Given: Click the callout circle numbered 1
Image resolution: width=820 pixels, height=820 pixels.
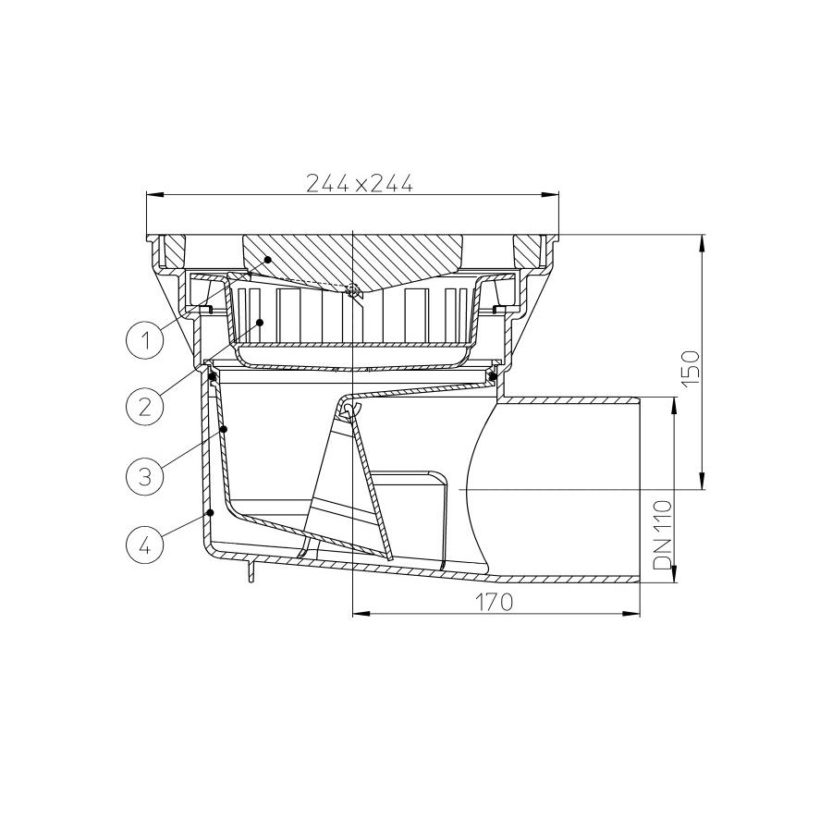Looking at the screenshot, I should pyautogui.click(x=144, y=339).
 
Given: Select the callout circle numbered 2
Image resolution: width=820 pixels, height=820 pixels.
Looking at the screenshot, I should pyautogui.click(x=144, y=406).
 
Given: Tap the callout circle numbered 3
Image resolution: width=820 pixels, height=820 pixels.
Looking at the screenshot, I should pyautogui.click(x=144, y=476).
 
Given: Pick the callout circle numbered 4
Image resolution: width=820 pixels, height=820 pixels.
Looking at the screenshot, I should pyautogui.click(x=144, y=544).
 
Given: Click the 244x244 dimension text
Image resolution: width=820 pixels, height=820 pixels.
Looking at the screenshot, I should pyautogui.click(x=360, y=183).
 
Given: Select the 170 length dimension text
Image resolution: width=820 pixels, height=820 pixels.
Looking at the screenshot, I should pyautogui.click(x=494, y=603).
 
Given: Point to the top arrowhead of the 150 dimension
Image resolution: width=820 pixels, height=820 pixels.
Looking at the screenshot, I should pyautogui.click(x=703, y=240).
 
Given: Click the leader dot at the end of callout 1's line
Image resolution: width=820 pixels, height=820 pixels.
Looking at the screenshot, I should pyautogui.click(x=268, y=260).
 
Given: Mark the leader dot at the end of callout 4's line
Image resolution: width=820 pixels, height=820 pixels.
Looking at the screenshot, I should pyautogui.click(x=211, y=511).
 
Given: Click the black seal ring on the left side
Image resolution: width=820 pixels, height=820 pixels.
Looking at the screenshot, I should pyautogui.click(x=213, y=376).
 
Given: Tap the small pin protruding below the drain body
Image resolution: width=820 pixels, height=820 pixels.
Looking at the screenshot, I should pyautogui.click(x=250, y=572).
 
